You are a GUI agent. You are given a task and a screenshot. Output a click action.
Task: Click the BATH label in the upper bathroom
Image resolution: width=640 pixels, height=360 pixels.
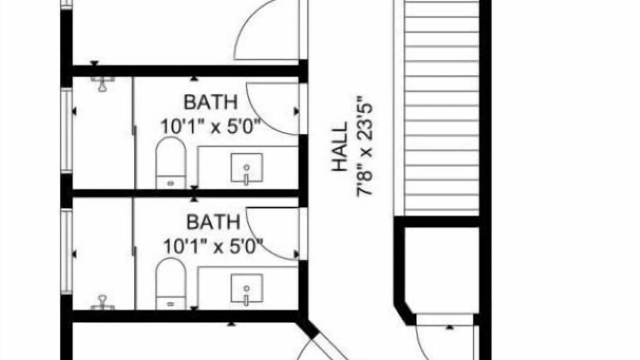click(210, 102)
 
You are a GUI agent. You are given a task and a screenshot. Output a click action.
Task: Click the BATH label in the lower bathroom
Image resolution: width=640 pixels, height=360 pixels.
click(213, 222)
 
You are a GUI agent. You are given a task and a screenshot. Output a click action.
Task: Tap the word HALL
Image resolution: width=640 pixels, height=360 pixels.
click(340, 146)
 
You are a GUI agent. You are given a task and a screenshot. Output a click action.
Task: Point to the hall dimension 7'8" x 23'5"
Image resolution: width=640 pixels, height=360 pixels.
click(364, 145)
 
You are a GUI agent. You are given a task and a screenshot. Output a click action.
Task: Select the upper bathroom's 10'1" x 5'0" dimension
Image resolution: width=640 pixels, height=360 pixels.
click(211, 126)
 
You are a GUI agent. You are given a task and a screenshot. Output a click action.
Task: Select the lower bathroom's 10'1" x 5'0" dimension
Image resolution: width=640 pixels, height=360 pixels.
click(213, 246)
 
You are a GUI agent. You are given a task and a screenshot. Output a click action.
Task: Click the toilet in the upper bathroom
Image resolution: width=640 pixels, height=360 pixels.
click(170, 163)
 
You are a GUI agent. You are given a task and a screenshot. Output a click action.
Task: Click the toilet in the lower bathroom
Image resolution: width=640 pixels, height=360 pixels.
click(170, 283)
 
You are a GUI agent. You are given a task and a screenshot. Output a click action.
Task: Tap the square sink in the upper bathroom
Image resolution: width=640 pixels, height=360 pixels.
click(247, 167)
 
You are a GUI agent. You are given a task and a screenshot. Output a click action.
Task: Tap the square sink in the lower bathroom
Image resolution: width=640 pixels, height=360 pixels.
click(247, 288)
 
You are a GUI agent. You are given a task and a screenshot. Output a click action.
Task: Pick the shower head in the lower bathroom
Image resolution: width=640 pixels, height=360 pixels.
click(102, 303)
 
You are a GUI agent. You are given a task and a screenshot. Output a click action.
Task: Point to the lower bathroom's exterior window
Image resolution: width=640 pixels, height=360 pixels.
click(66, 251)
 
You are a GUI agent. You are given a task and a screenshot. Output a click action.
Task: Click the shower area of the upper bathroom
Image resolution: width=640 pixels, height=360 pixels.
click(102, 133)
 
